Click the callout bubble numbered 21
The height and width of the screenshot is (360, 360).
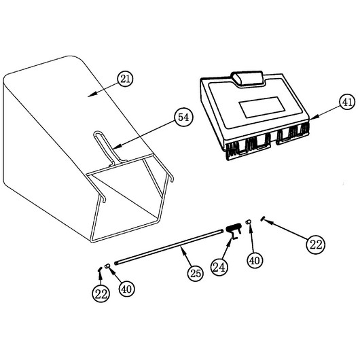point(125,79)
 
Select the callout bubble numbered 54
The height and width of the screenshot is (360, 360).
point(183,118)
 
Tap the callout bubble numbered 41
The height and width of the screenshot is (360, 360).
point(347,102)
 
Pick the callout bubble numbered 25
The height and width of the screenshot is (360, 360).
point(196,274)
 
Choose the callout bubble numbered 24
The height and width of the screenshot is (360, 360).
point(219,267)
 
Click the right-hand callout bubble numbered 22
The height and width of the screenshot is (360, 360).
point(316,245)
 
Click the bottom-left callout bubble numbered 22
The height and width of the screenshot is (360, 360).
point(101,293)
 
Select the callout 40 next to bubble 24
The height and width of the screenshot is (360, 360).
point(255,260)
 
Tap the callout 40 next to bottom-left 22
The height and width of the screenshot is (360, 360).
point(126,289)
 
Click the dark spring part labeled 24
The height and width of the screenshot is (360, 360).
point(234,230)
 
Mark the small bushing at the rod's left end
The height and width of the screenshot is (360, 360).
point(107,266)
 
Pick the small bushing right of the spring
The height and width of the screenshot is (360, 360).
point(248,221)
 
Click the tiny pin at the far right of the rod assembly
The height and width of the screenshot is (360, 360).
point(262,218)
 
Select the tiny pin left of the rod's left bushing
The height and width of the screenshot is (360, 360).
point(99,268)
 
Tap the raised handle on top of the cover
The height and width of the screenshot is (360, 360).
point(247,79)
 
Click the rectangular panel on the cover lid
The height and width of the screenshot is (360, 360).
point(262,107)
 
